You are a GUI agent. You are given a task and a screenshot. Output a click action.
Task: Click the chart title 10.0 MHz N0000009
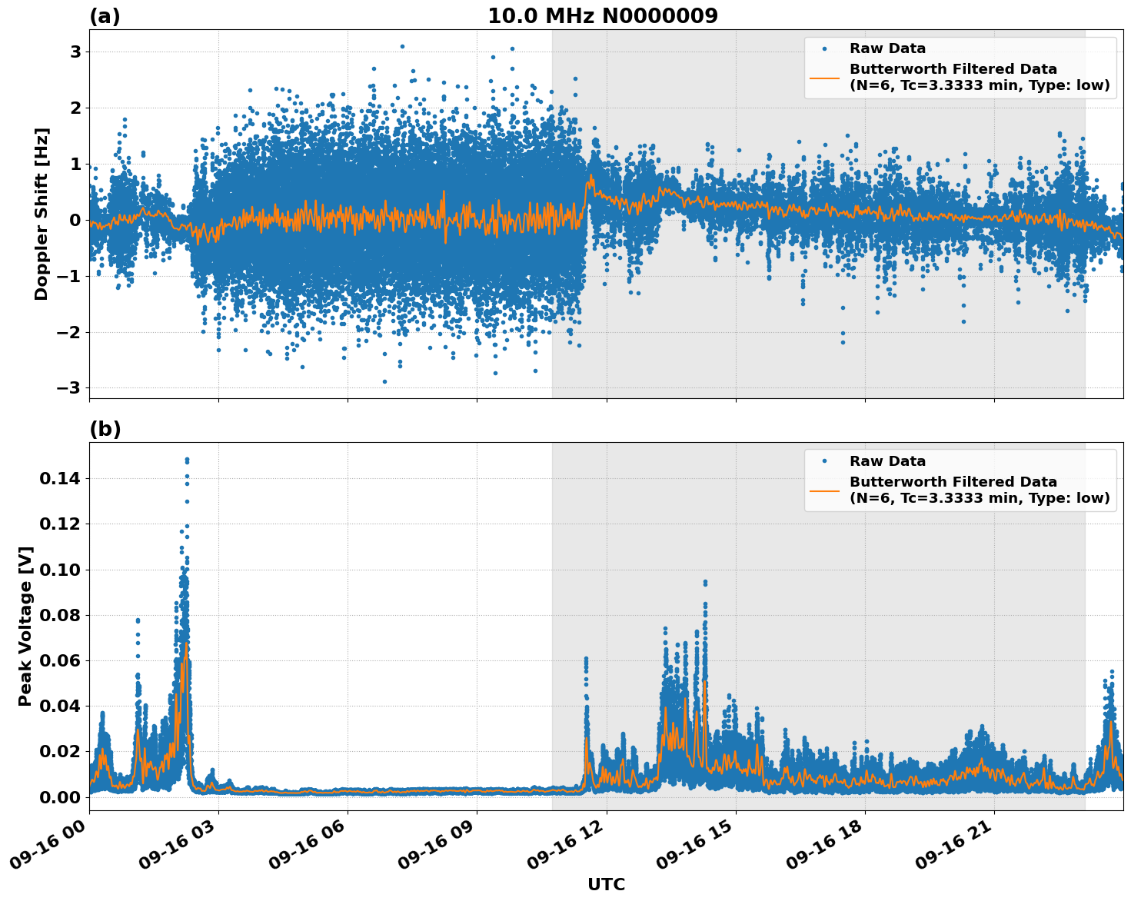coord(602,16)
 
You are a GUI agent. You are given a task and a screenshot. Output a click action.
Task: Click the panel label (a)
coord(105,16)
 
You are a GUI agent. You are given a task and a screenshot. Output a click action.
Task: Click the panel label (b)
coord(105,429)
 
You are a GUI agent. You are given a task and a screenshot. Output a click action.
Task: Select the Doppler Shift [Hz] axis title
coord(42,214)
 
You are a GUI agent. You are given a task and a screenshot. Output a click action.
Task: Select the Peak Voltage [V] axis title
coord(25,627)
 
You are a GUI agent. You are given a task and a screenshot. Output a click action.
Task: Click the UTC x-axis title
coord(606,885)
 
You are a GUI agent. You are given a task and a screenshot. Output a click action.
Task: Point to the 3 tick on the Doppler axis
coord(76,52)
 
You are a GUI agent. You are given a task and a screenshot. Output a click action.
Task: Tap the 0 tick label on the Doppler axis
coord(76,220)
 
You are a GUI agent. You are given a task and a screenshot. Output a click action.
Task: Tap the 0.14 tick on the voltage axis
coord(64,479)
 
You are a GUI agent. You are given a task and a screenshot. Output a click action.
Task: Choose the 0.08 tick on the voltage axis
coord(64,615)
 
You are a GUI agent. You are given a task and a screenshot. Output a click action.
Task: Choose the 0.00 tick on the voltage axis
coord(64,797)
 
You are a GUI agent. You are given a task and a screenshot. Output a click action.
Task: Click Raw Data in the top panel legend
coord(887,48)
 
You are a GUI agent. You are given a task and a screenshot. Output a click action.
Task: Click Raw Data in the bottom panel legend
coord(887,461)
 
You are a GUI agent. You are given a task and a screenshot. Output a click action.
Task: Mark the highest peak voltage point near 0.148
coord(187,460)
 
